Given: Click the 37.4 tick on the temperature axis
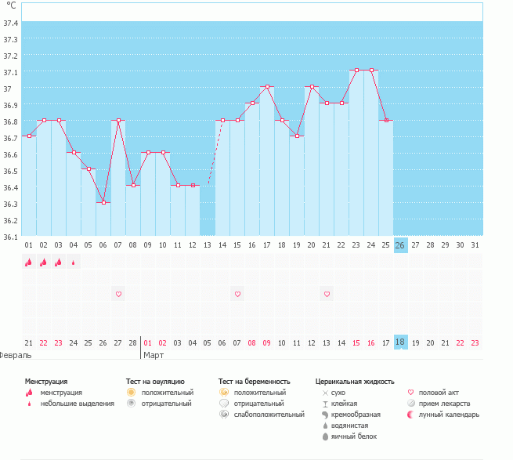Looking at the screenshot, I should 10,23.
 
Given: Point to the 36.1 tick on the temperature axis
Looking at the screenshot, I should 10,237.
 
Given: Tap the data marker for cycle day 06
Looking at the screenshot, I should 103,202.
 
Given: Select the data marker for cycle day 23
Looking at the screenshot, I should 356,71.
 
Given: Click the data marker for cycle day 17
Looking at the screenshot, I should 267,87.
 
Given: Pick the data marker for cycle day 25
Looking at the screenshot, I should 386,120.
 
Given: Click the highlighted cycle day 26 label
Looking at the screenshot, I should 400,245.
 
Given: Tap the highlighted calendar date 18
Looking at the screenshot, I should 400,342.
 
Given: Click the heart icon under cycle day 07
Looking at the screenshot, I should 118,294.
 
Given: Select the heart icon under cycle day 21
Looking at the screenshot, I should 327,294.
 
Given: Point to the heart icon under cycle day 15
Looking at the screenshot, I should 237,294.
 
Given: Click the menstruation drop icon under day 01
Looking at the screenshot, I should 29,263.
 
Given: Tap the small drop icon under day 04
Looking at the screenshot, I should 74,263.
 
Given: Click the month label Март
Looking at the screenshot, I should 155,355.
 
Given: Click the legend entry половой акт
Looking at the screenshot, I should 439,392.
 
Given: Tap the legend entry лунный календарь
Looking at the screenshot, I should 449,414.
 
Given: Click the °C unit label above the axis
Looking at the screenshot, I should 11,6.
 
